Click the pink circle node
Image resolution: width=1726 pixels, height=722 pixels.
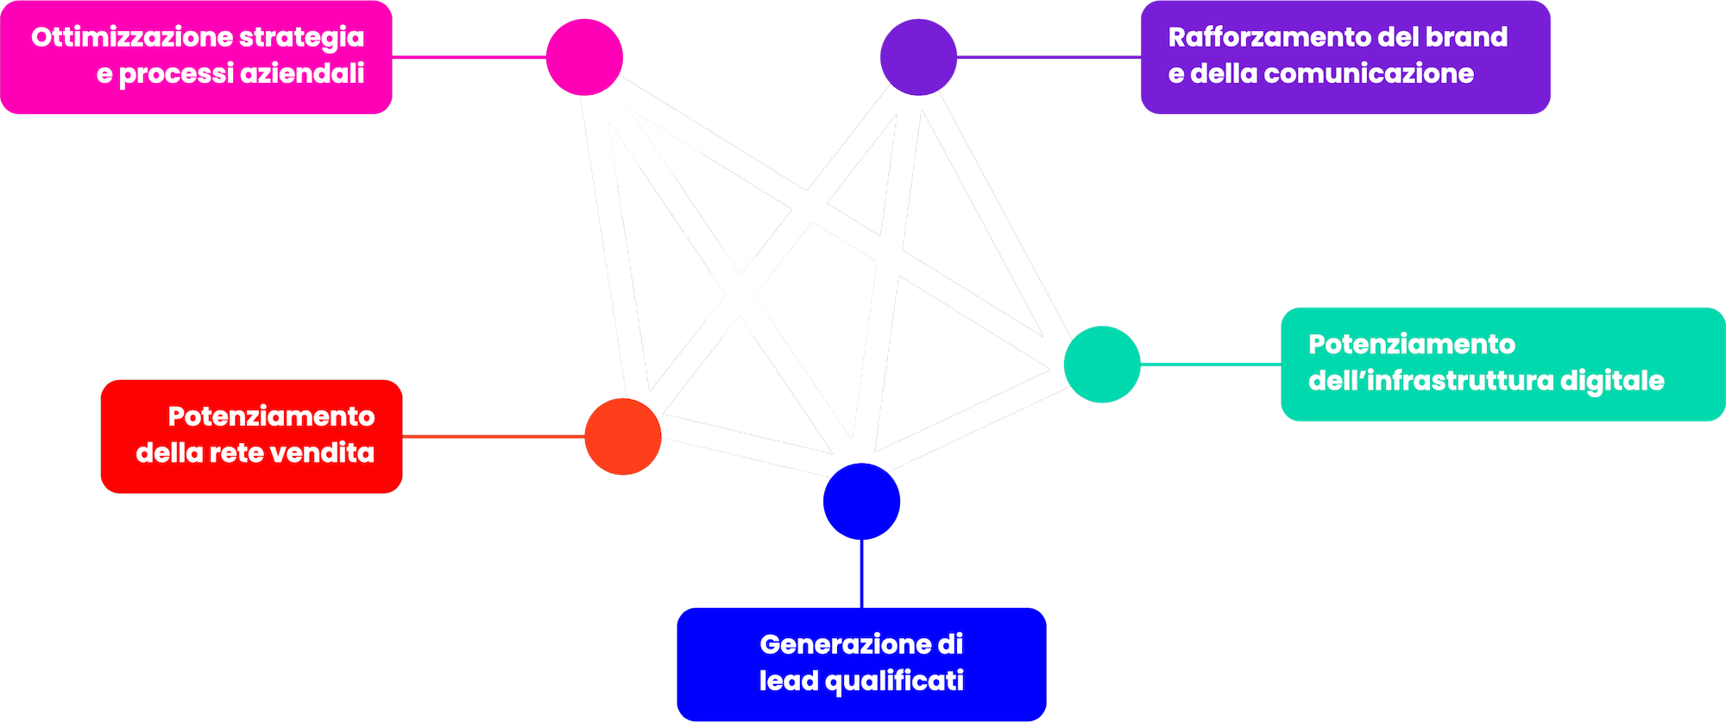[584, 57]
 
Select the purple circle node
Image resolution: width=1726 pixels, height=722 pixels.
[918, 57]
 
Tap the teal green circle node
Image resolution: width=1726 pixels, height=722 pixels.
[1102, 364]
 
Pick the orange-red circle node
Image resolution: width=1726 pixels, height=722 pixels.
[622, 437]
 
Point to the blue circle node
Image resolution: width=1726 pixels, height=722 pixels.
[861, 502]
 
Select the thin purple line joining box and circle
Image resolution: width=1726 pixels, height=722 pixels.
[1048, 58]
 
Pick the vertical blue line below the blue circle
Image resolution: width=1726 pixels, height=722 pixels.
[861, 574]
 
